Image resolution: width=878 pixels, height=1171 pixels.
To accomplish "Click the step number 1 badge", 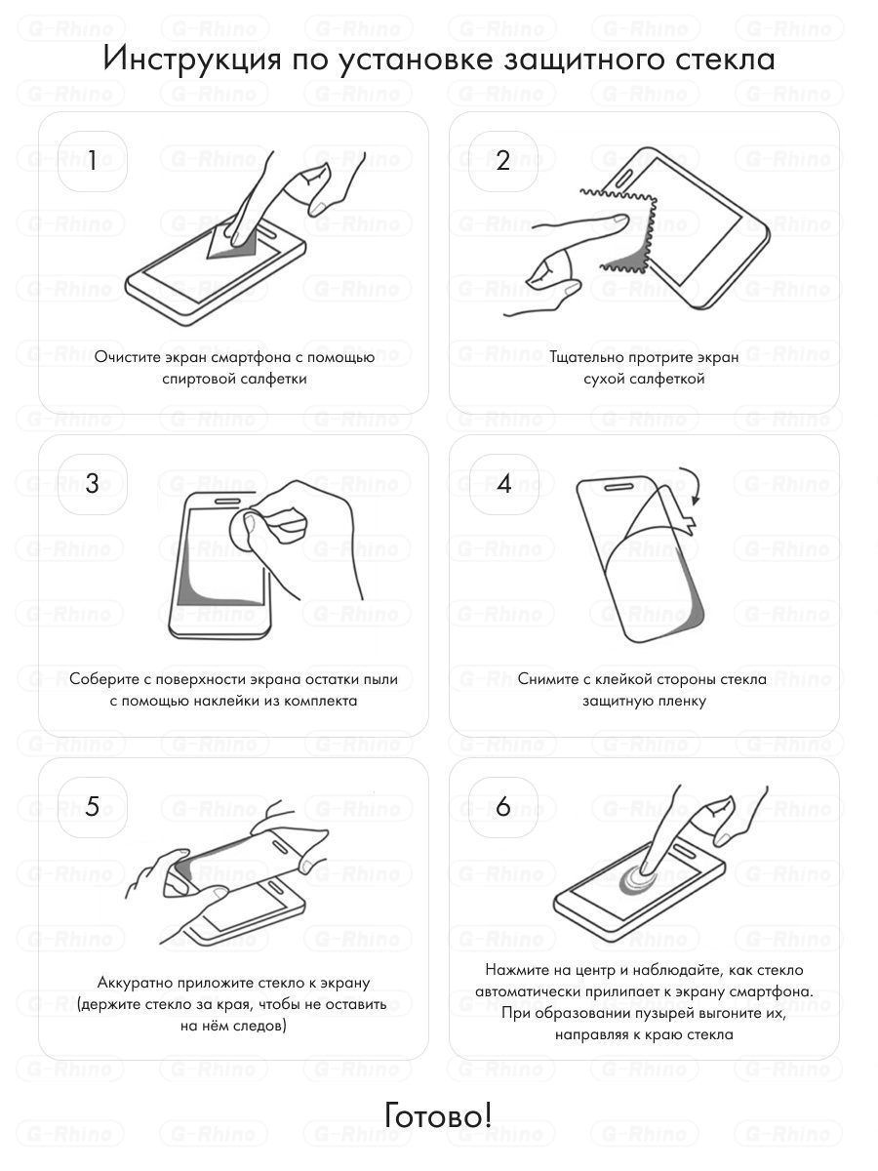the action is click(93, 161).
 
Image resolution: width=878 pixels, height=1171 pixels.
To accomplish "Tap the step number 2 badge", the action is click(503, 161).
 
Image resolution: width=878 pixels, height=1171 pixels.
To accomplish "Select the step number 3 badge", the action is click(93, 484).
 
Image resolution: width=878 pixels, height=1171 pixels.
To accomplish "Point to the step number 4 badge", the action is click(503, 484).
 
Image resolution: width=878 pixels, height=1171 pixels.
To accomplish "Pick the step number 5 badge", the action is click(93, 806).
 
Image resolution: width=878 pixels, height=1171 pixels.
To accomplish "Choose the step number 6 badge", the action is click(503, 806).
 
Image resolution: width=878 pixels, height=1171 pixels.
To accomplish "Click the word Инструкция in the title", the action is click(192, 59).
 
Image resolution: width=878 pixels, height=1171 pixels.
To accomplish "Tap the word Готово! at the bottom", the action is click(438, 1114).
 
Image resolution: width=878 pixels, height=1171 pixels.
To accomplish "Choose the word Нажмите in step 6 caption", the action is click(512, 970).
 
